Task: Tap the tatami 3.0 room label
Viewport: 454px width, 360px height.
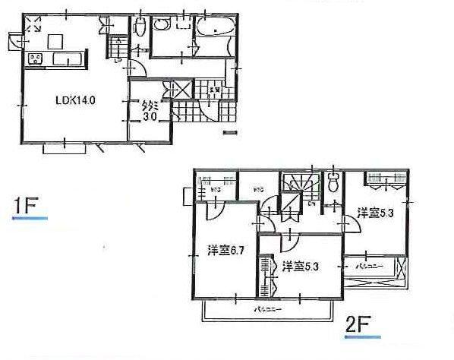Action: click(x=149, y=112)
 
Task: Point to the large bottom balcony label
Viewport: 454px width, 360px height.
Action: click(x=265, y=311)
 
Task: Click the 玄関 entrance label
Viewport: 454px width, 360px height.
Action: click(x=215, y=90)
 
